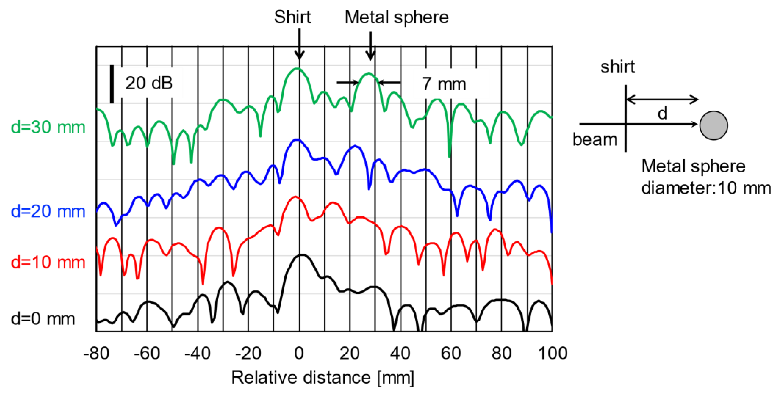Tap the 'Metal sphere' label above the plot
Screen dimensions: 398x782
click(396, 18)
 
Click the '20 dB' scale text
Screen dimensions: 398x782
click(149, 83)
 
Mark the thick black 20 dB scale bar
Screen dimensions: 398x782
click(112, 84)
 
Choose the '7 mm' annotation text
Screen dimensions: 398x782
click(444, 84)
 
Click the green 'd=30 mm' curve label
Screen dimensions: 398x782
click(48, 127)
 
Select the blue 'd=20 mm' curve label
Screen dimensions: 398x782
click(48, 211)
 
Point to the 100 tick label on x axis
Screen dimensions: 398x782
click(552, 354)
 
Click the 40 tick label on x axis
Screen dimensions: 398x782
click(400, 354)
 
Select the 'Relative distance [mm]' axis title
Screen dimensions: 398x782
click(322, 378)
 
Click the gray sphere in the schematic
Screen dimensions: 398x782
click(713, 125)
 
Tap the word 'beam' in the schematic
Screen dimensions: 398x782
click(595, 140)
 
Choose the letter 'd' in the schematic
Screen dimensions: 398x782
click(662, 114)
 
